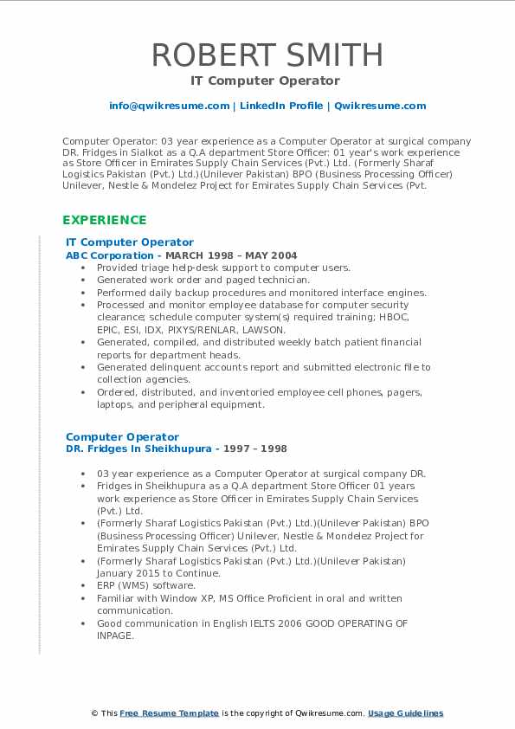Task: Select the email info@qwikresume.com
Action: [169, 106]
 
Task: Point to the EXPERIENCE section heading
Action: [104, 220]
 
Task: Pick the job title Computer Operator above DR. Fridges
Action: [122, 436]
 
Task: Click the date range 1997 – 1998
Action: [257, 448]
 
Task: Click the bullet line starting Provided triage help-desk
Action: [223, 268]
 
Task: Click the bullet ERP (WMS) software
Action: [146, 585]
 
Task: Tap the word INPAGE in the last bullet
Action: [115, 635]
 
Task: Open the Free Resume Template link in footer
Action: [170, 713]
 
